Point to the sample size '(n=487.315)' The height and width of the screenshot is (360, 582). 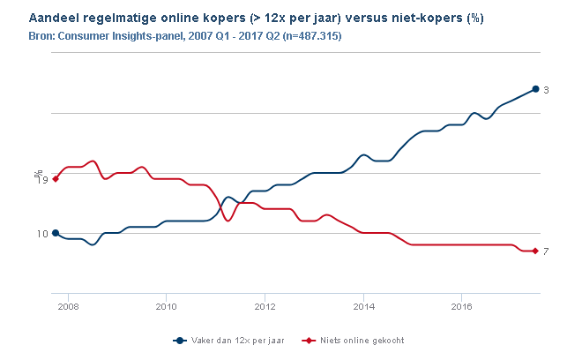(311, 35)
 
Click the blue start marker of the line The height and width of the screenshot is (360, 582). (56, 233)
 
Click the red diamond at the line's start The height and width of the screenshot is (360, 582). (56, 179)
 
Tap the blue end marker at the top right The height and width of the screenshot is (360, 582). (535, 89)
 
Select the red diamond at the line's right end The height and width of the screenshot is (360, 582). (535, 251)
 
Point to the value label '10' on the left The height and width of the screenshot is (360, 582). (41, 234)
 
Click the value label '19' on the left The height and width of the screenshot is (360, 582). (41, 180)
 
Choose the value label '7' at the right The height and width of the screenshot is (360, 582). (547, 252)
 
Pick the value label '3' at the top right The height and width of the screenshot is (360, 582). (547, 90)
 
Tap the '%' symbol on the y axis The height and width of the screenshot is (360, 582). (37, 174)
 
